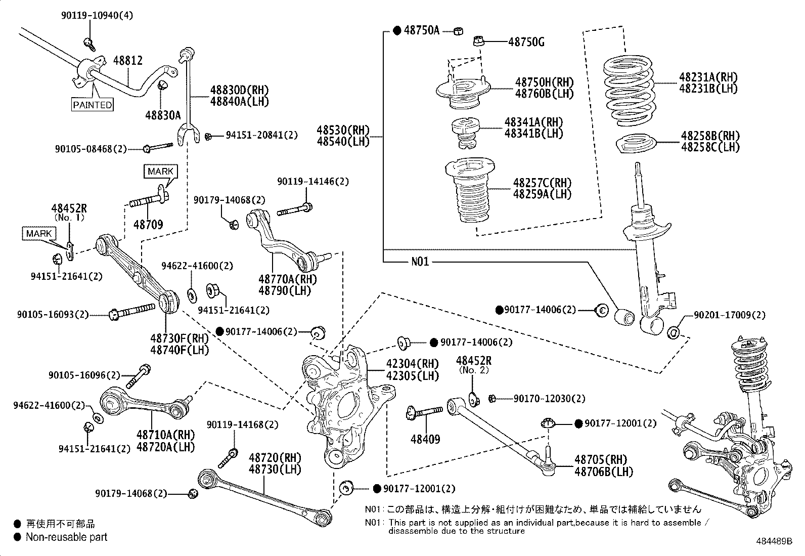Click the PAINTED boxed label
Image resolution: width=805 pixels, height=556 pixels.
coord(92,105)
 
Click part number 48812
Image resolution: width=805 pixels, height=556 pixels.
coord(127,60)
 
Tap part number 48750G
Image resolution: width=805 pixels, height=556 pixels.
coord(526,42)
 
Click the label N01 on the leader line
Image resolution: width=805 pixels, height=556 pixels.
coord(420,262)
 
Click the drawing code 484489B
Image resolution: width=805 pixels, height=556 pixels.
coord(775,541)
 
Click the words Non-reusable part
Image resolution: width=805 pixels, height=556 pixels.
coord(66,537)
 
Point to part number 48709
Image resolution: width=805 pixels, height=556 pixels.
coord(148,224)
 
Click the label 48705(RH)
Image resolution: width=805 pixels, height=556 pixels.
coord(600,459)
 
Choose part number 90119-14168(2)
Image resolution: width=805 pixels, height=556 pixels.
coord(242,425)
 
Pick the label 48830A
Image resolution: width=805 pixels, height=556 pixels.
coord(163,115)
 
